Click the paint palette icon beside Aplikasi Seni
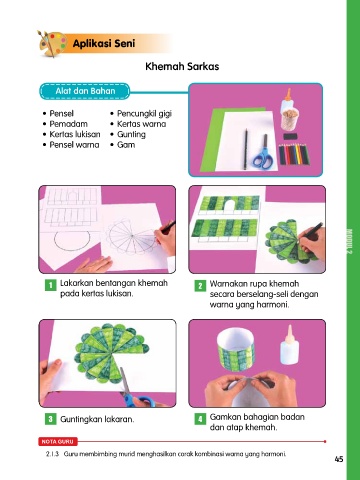coord(52,44)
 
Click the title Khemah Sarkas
coord(182,66)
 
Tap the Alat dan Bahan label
coord(85,91)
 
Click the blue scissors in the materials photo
coord(263,153)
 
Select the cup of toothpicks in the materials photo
coord(289,119)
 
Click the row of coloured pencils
coord(293,154)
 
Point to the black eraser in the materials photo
coord(290,136)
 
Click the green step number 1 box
coord(51,285)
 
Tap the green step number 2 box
coord(200,286)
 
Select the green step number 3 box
coord(51,419)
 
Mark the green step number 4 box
coord(200,419)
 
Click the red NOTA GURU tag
coord(58,442)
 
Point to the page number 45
coord(339,459)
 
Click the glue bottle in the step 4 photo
coord(289,345)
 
